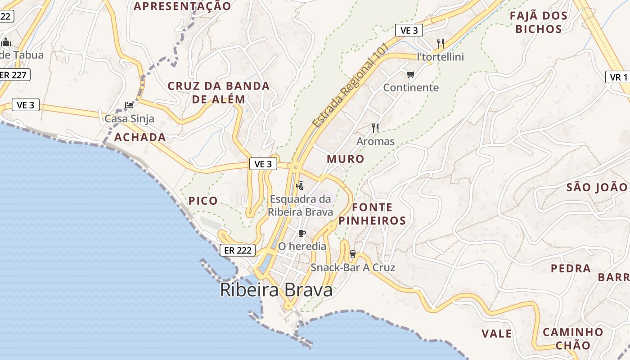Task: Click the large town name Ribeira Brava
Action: (276, 290)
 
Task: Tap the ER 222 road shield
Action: (238, 251)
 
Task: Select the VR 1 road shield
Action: (619, 77)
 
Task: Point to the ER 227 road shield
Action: (13, 75)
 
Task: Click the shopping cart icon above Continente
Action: (410, 74)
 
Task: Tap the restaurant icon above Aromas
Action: (375, 128)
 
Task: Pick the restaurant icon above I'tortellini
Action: (441, 44)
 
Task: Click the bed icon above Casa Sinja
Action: (129, 106)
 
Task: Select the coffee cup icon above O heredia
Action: (301, 233)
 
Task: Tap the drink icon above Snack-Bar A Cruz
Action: (353, 254)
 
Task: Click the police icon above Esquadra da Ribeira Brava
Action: (300, 185)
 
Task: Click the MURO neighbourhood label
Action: (346, 159)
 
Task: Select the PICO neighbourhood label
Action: (203, 201)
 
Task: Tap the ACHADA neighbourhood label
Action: (140, 138)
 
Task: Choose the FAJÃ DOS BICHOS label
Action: (539, 22)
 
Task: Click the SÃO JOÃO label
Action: (597, 187)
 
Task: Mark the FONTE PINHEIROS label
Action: (372, 214)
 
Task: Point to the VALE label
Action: (497, 334)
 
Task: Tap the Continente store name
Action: (411, 88)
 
